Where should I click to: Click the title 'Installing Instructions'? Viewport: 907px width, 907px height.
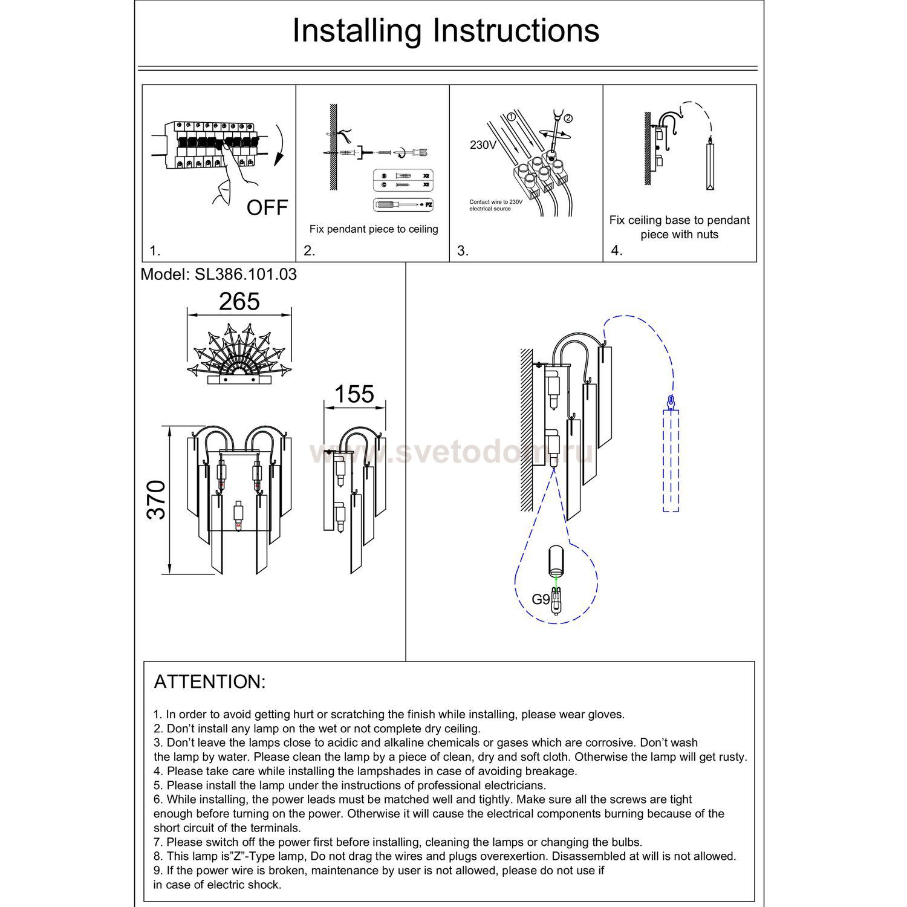click(x=446, y=31)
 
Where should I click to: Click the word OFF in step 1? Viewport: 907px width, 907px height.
click(x=267, y=208)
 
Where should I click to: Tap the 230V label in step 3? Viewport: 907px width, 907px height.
click(x=483, y=145)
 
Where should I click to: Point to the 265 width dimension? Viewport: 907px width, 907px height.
click(x=239, y=302)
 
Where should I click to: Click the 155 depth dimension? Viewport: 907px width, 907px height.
click(x=354, y=394)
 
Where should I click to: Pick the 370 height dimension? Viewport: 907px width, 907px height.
click(x=157, y=499)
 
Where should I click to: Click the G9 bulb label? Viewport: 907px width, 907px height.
click(x=541, y=599)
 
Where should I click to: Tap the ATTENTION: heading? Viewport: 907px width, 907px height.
click(x=210, y=682)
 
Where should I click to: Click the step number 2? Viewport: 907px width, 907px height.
click(x=310, y=251)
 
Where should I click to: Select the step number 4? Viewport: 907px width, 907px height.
click(x=617, y=251)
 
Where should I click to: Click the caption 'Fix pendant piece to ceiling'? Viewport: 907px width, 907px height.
click(x=374, y=229)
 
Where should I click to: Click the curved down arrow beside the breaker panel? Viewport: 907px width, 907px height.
click(x=279, y=145)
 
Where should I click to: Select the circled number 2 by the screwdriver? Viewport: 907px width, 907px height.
click(x=568, y=118)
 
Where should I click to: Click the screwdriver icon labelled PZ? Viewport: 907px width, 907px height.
click(x=404, y=205)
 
